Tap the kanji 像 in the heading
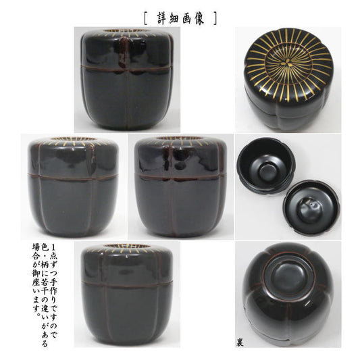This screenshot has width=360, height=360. click(x=199, y=18)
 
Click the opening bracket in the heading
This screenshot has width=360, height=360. click(x=146, y=18)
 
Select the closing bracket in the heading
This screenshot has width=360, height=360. click(x=215, y=18)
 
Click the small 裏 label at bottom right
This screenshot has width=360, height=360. click(x=239, y=343)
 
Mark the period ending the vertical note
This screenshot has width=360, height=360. click(x=37, y=314)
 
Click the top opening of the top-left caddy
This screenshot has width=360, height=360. click(x=126, y=31)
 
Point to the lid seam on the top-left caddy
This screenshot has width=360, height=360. click(x=127, y=68)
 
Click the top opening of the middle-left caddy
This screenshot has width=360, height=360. click(x=73, y=138)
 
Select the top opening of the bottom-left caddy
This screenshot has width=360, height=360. click(x=126, y=246)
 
